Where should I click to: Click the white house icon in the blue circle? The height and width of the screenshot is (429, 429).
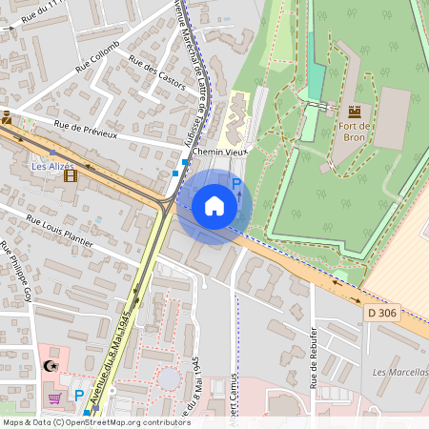click(x=214, y=206)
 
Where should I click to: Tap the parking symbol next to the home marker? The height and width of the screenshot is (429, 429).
click(x=236, y=183)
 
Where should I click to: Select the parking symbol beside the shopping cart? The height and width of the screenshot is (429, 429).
click(x=80, y=395)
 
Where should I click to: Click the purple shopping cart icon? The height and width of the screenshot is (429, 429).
click(x=56, y=398)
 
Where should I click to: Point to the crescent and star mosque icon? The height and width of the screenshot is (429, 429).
click(x=51, y=366)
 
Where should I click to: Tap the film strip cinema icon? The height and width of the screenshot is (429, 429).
click(x=69, y=175)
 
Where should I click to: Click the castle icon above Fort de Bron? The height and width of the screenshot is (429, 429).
click(x=356, y=112)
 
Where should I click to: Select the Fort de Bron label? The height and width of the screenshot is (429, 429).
click(x=354, y=131)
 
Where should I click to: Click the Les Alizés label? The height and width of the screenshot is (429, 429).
click(x=51, y=164)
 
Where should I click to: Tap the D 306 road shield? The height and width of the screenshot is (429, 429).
click(x=382, y=311)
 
